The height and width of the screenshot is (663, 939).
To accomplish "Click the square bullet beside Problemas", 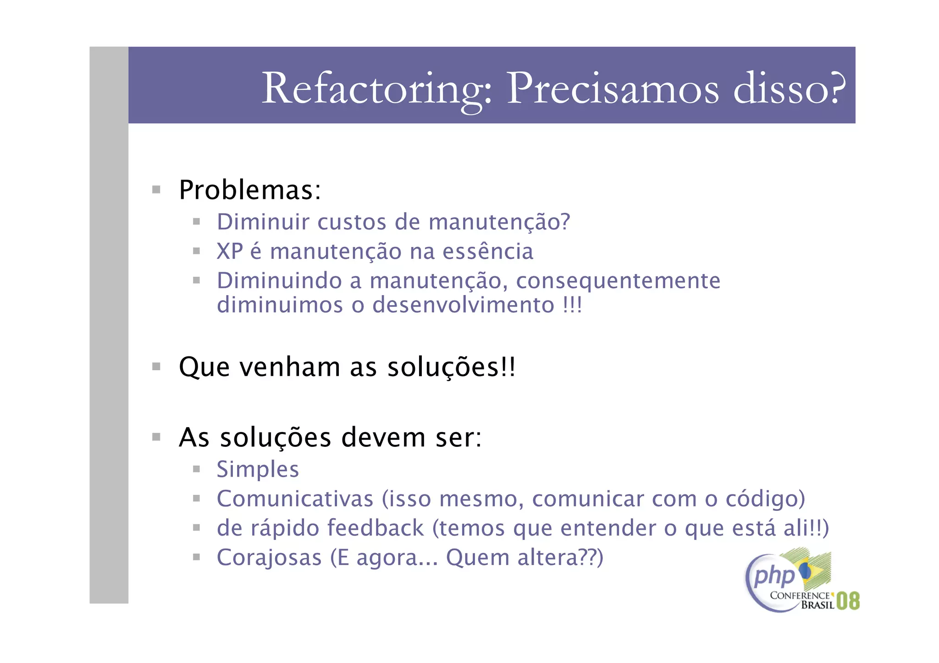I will click(x=156, y=190).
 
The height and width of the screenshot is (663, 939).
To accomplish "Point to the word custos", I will click(x=352, y=222).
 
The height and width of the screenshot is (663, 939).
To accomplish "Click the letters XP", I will click(x=230, y=252).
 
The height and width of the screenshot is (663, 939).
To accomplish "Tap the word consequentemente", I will click(x=618, y=281).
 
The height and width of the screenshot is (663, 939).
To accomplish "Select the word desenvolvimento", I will click(x=463, y=305).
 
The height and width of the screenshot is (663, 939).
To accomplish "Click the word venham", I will click(x=290, y=367).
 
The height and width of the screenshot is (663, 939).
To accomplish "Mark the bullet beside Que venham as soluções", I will click(x=156, y=367).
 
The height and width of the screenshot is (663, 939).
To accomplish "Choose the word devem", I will click(x=383, y=438).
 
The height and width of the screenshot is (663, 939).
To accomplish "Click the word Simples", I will click(x=258, y=470).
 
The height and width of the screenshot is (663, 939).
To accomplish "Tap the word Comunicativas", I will click(x=295, y=499).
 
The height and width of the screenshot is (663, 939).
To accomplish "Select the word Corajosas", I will click(x=269, y=558).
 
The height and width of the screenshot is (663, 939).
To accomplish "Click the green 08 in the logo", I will click(x=848, y=601).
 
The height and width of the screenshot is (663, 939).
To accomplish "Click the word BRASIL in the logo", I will click(x=817, y=605).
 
